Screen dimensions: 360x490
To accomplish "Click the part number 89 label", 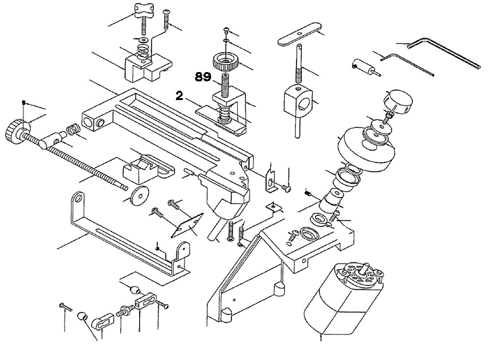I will tap(204, 77).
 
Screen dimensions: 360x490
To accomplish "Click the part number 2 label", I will tap(179, 97).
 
